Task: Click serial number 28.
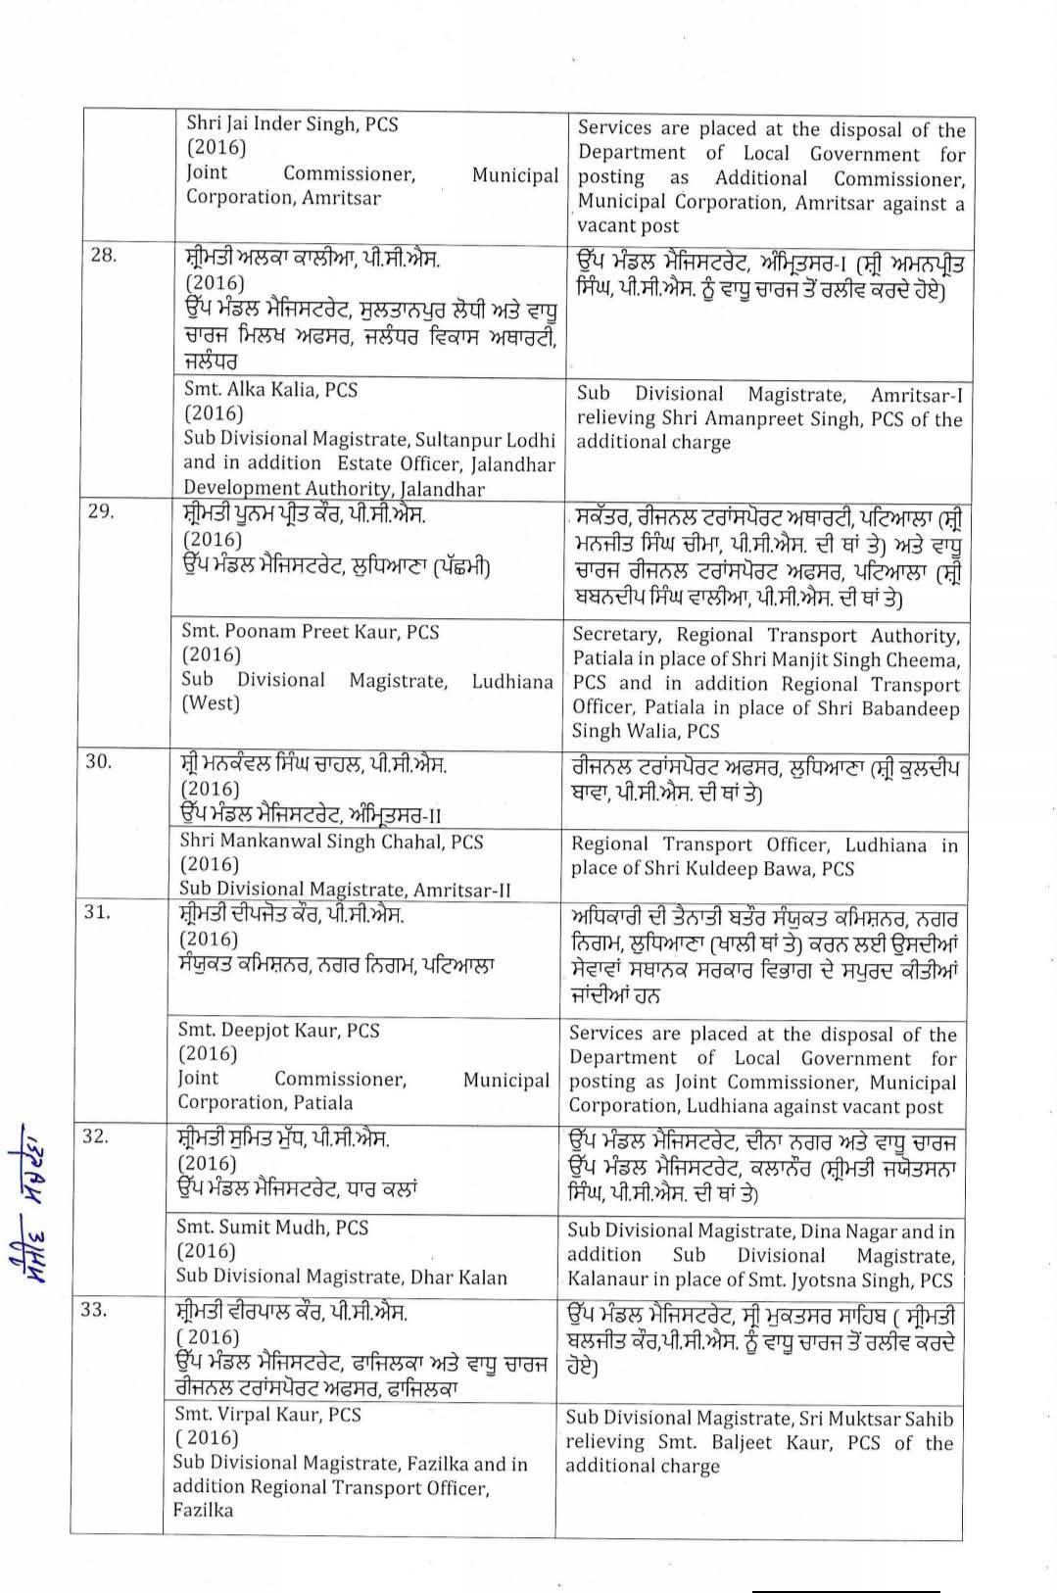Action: (x=103, y=256)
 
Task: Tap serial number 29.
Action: (x=102, y=511)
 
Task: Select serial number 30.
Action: (x=99, y=761)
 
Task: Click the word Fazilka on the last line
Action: (x=203, y=1510)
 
